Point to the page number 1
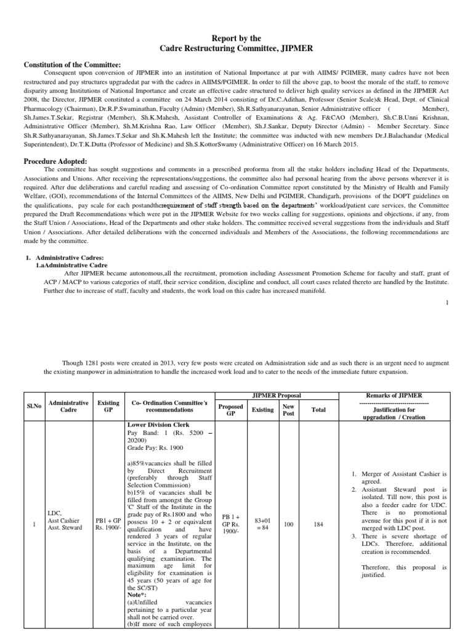coord(447,302)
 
